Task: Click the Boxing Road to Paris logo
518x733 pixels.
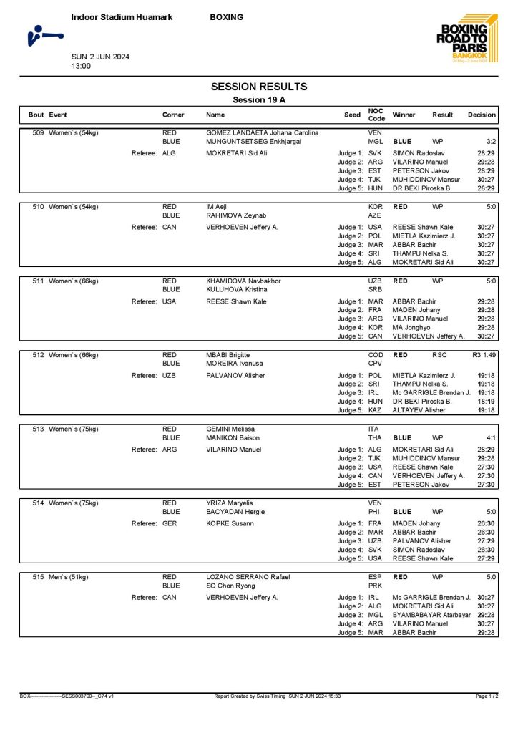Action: point(462,39)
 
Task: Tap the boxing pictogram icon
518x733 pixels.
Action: point(44,34)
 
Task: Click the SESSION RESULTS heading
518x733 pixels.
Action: point(259,87)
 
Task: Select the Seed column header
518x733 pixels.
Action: point(352,115)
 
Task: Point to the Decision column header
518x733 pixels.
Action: point(482,115)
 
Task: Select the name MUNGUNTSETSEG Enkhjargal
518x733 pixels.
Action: point(253,142)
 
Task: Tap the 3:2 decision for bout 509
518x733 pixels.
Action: point(491,142)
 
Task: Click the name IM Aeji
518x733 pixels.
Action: point(215,206)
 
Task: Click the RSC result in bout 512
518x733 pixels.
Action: point(439,355)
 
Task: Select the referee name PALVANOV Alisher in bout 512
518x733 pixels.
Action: point(235,375)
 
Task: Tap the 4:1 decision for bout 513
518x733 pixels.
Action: point(491,437)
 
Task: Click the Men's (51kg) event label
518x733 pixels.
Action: point(74,576)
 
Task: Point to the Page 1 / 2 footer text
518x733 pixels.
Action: point(487,696)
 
